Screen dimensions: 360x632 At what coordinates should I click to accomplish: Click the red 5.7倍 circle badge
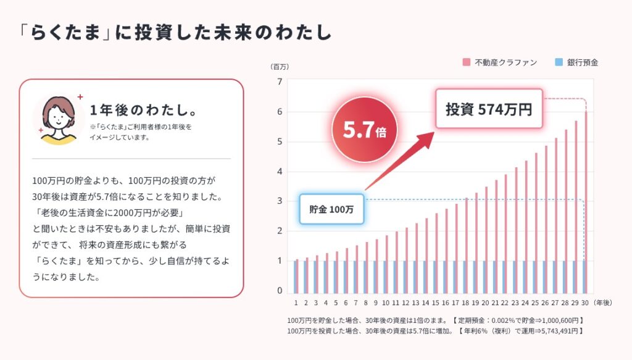coord(364,131)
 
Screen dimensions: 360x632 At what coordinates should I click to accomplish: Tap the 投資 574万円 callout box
coord(489,109)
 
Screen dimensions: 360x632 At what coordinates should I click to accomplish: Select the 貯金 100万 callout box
coord(331,209)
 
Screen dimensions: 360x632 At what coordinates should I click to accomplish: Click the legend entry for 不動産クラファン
coord(499,62)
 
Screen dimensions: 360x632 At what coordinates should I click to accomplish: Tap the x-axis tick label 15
coord(436,303)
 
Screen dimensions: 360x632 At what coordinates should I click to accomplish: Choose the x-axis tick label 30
coord(584,303)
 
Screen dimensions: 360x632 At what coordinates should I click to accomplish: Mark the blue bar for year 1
coord(296,277)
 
